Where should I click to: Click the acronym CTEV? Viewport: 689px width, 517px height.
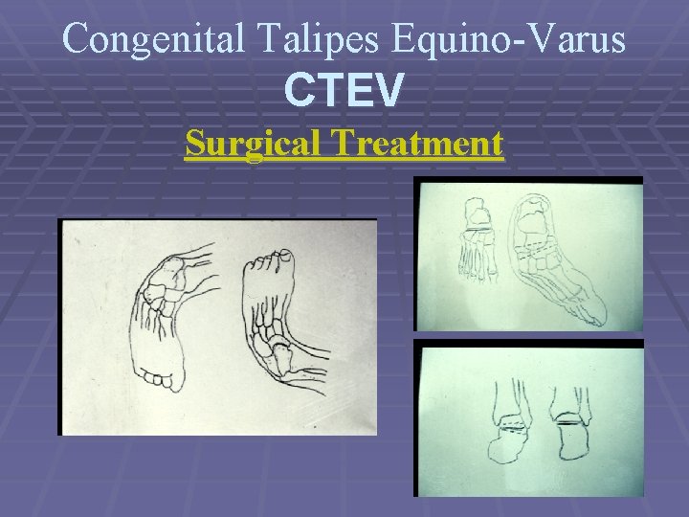coord(344,91)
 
